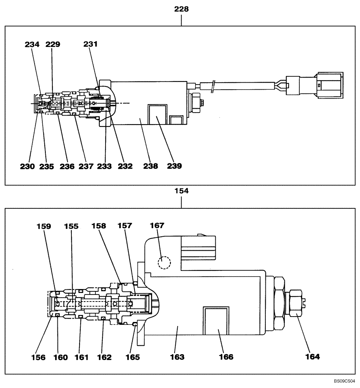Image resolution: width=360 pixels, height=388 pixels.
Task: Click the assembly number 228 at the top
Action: [x=181, y=9]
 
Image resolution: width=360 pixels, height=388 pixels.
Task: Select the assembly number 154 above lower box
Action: [x=181, y=192]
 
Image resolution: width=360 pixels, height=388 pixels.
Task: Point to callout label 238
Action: [x=151, y=166]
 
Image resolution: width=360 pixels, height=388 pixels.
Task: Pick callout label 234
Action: [x=32, y=44]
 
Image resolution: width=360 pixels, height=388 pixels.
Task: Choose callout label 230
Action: [x=28, y=166]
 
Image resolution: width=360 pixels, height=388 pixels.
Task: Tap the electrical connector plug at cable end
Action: [x=314, y=85]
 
